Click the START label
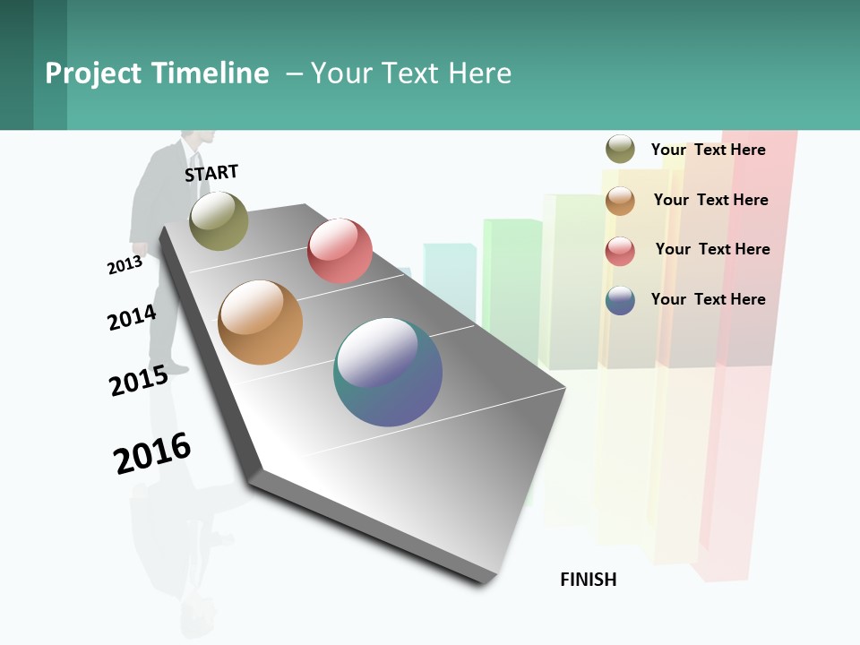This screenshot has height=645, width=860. pyautogui.click(x=211, y=173)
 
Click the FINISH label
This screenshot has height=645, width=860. pyautogui.click(x=588, y=580)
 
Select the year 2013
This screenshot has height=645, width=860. pyautogui.click(x=125, y=265)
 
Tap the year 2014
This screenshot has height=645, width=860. pyautogui.click(x=132, y=317)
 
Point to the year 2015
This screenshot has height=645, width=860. pyautogui.click(x=139, y=381)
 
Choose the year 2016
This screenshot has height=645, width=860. pyautogui.click(x=152, y=453)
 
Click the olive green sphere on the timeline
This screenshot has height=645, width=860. pyautogui.click(x=219, y=220)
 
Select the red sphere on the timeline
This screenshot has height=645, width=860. pyautogui.click(x=340, y=250)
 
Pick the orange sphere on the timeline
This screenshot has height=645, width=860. pyautogui.click(x=260, y=322)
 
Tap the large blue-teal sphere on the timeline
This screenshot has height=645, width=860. pyautogui.click(x=388, y=372)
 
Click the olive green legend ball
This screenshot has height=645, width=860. pyautogui.click(x=620, y=149)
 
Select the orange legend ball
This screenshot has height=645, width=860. pyautogui.click(x=620, y=201)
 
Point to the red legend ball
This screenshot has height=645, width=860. pyautogui.click(x=620, y=251)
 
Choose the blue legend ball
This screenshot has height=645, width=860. pyautogui.click(x=620, y=300)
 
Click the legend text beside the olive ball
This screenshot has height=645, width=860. pyautogui.click(x=708, y=150)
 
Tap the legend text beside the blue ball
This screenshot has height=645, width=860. pyautogui.click(x=708, y=299)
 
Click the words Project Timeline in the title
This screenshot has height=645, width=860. pyautogui.click(x=157, y=73)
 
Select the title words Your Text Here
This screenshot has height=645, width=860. pyautogui.click(x=411, y=73)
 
